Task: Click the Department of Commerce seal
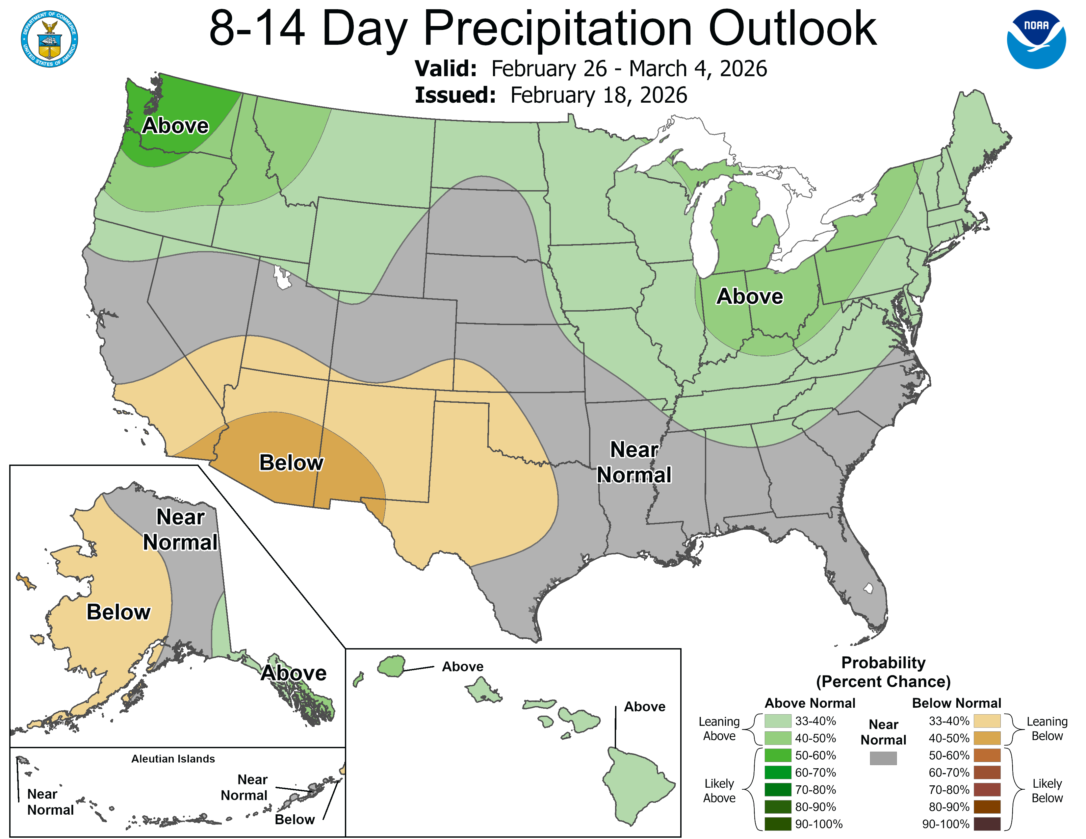pos(49,39)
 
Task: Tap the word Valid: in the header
pos(446,68)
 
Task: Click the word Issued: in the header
pos(455,95)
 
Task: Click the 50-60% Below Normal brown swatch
pos(987,755)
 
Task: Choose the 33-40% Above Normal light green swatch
pos(778,721)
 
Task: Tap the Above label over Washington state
pos(175,126)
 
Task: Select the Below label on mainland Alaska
pos(118,612)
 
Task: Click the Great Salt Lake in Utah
pos(282,278)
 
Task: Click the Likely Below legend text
pos(1047,790)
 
